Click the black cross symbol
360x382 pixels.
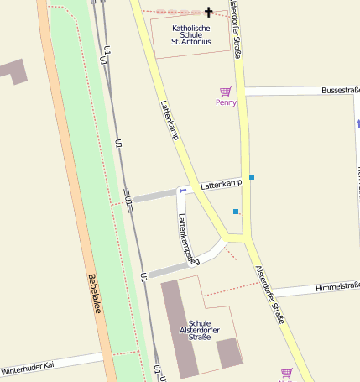209,12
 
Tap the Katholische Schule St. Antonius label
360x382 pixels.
190,34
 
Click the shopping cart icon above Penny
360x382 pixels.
225,92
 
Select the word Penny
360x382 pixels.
226,102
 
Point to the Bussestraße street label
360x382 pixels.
340,89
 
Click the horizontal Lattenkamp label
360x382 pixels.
221,182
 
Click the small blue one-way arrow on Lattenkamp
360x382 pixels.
182,191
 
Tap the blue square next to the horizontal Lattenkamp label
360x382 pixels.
251,176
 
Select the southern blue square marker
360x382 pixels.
236,211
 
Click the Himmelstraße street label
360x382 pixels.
338,286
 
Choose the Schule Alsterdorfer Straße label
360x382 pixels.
199,330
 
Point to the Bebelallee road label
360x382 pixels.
94,294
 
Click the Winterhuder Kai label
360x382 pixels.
27,367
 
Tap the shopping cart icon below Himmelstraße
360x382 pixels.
286,373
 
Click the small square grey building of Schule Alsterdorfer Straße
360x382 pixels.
229,353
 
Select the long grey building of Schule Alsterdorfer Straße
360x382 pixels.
178,327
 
